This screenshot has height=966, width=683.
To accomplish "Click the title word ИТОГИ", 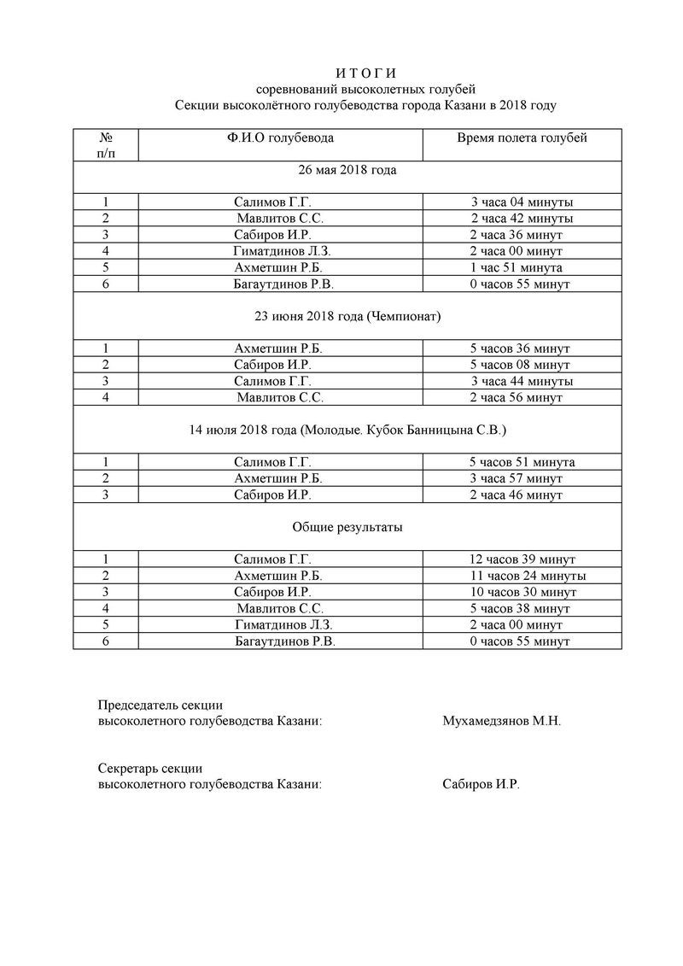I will (365, 73).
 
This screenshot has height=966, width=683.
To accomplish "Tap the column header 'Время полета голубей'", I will (522, 138).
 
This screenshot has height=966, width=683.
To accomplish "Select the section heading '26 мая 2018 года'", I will (347, 170).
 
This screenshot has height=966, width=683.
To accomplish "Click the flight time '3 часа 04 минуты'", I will (522, 202).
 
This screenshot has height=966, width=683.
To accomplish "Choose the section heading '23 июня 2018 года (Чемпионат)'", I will (347, 316).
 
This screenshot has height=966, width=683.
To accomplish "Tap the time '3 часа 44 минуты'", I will (522, 381).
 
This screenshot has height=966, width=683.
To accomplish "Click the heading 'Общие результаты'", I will (347, 527).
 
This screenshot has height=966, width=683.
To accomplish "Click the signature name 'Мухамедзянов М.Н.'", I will (502, 721).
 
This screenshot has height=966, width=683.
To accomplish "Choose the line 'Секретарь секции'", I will (149, 769).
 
